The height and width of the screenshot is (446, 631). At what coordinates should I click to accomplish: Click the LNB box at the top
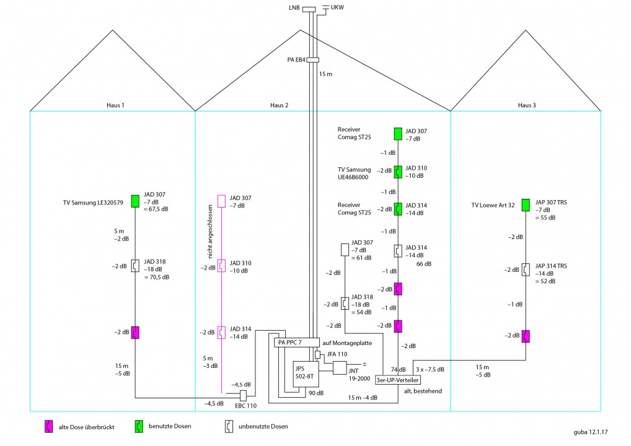309,9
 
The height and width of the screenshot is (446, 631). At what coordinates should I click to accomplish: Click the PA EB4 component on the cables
312,60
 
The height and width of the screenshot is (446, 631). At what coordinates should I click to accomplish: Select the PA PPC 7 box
296,343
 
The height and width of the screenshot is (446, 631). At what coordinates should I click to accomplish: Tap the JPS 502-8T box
306,374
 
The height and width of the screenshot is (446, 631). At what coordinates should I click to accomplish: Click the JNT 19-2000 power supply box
340,368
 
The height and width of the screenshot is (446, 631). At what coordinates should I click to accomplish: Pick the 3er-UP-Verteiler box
397,380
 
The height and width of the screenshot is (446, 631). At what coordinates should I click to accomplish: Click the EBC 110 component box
243,396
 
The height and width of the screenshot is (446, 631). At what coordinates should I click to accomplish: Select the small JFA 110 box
317,355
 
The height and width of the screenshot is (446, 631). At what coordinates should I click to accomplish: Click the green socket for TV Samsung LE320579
135,201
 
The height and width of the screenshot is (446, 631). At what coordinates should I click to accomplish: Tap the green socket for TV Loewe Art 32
526,205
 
